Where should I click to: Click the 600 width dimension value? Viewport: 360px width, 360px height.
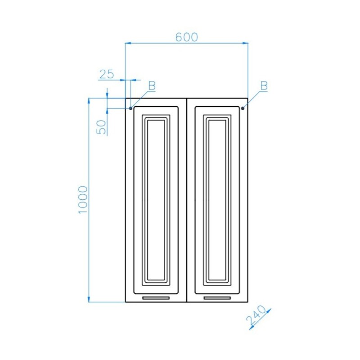click(186, 37)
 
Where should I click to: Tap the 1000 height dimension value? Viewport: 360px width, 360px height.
click(83, 200)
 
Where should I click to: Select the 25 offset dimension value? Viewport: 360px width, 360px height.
click(107, 74)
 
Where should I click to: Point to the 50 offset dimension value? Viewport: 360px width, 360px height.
click(101, 127)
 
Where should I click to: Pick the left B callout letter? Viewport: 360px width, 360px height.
click(152, 86)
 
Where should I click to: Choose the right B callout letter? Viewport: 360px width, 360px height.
click(264, 86)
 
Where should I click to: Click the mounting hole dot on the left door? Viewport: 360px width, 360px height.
click(130, 108)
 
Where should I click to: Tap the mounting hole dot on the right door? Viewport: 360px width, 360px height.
click(243, 108)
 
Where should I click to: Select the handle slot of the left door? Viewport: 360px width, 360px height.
click(156, 298)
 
